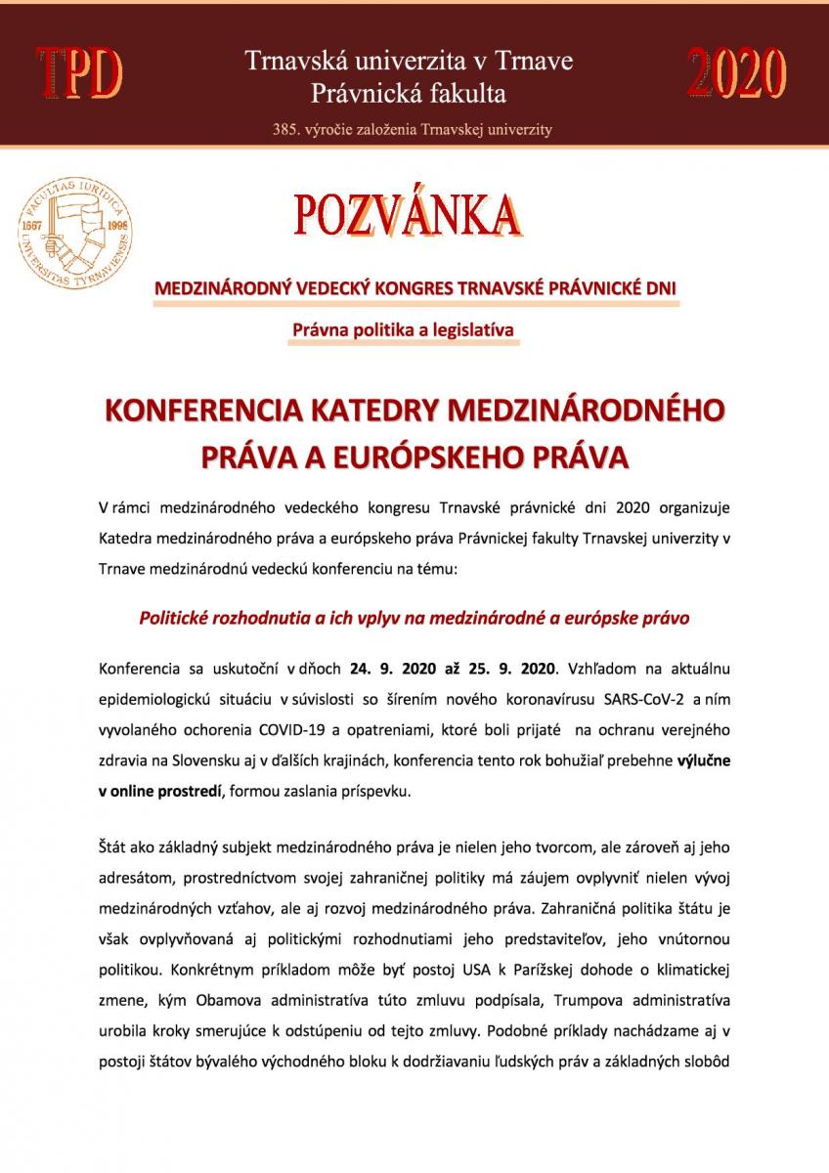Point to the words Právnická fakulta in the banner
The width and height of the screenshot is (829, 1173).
click(408, 94)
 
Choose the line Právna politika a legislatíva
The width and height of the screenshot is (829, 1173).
click(403, 329)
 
